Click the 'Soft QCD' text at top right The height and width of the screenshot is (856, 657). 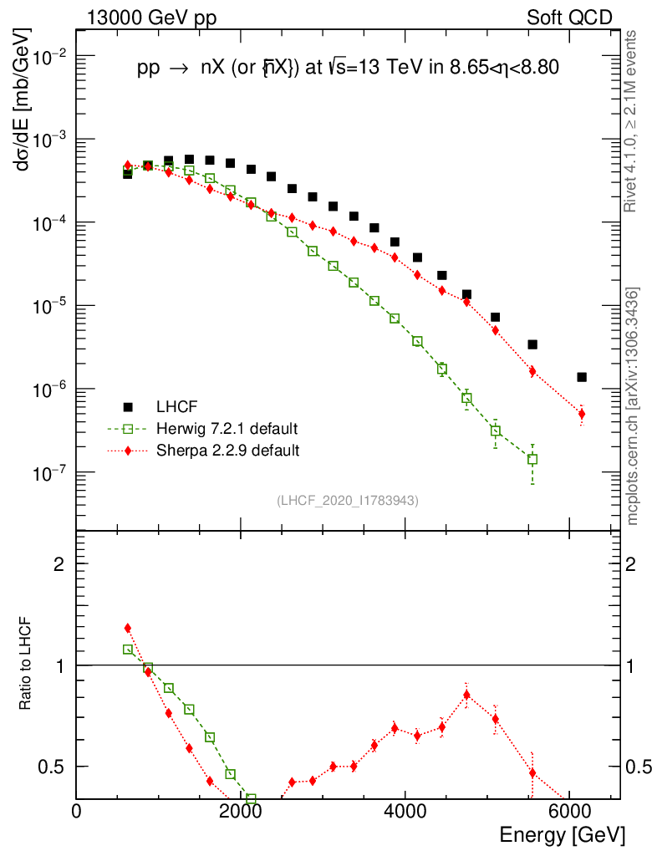[x=569, y=17]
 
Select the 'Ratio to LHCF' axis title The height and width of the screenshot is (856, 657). [x=26, y=665]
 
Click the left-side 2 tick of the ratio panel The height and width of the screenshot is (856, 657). [x=59, y=564]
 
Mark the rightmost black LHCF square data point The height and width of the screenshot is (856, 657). [x=582, y=377]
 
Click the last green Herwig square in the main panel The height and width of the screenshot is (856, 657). [x=532, y=459]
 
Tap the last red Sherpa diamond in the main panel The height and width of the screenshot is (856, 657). [x=582, y=414]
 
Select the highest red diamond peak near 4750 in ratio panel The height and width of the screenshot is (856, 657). [x=467, y=694]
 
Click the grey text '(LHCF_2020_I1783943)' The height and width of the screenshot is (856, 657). [x=348, y=500]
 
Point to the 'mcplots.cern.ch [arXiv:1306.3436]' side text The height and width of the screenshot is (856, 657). [x=633, y=405]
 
